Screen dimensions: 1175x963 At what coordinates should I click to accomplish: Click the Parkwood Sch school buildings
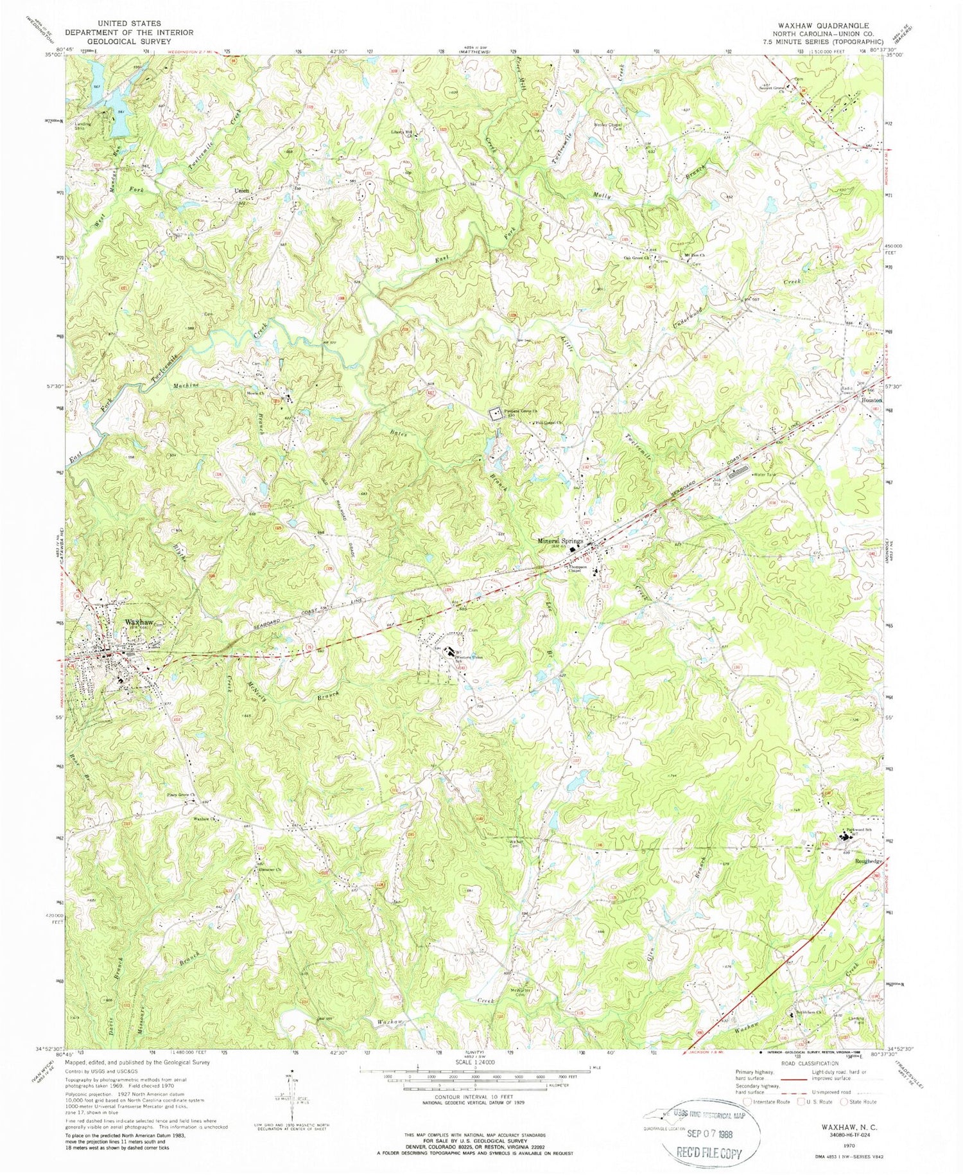tap(846, 837)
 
